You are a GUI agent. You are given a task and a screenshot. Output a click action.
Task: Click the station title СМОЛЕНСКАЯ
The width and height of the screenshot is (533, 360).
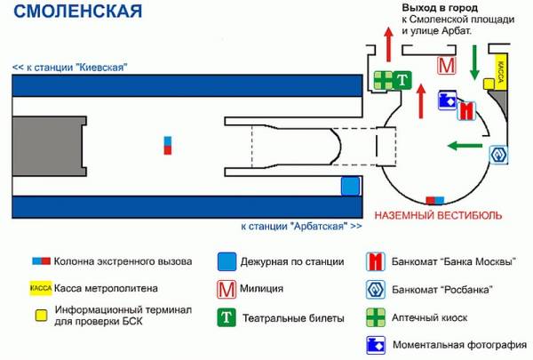coord(77,11)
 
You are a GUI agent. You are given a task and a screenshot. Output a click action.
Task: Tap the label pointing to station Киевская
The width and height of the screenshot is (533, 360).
coord(70,67)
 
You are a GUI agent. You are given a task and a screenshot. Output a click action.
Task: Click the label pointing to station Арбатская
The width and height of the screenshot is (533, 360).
coord(301,226)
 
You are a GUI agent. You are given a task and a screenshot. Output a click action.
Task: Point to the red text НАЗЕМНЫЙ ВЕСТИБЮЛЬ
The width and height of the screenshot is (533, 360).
coord(438,215)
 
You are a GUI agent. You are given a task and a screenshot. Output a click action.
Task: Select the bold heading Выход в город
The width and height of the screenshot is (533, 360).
coord(440,8)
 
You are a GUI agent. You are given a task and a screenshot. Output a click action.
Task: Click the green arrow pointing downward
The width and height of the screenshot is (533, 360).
coord(474,62)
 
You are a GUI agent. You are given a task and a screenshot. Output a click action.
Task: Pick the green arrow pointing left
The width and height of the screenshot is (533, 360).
coord(465,146)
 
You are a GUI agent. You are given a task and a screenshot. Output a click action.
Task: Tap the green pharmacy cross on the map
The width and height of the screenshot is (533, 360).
coord(383,80)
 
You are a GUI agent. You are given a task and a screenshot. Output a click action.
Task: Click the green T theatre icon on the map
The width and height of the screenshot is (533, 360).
coord(402,80)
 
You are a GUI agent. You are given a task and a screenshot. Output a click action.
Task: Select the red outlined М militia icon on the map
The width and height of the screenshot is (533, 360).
coord(446,65)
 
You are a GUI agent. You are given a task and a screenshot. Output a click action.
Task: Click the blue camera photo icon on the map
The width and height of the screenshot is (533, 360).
coord(448,100)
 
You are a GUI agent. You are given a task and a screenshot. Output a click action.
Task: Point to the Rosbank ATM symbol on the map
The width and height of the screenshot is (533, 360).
coord(498,155)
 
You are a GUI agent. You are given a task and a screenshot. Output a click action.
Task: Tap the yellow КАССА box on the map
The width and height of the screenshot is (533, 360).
coord(501,71)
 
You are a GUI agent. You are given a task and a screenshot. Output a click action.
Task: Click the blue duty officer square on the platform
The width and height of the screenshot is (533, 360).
coord(350,186)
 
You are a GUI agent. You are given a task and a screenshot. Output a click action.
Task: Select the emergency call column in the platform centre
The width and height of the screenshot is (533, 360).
coord(168,145)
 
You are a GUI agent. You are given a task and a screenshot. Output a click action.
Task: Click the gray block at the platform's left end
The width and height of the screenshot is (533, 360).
coord(49,147)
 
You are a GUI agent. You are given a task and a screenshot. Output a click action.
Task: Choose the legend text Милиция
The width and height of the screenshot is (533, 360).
coord(261,289)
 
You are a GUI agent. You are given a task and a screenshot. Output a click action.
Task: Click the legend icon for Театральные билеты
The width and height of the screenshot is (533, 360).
coord(227,317)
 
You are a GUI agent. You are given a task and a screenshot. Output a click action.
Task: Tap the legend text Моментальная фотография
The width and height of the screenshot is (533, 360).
coord(459,345)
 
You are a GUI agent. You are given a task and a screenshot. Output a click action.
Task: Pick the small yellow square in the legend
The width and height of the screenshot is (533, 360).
coord(42,316)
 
